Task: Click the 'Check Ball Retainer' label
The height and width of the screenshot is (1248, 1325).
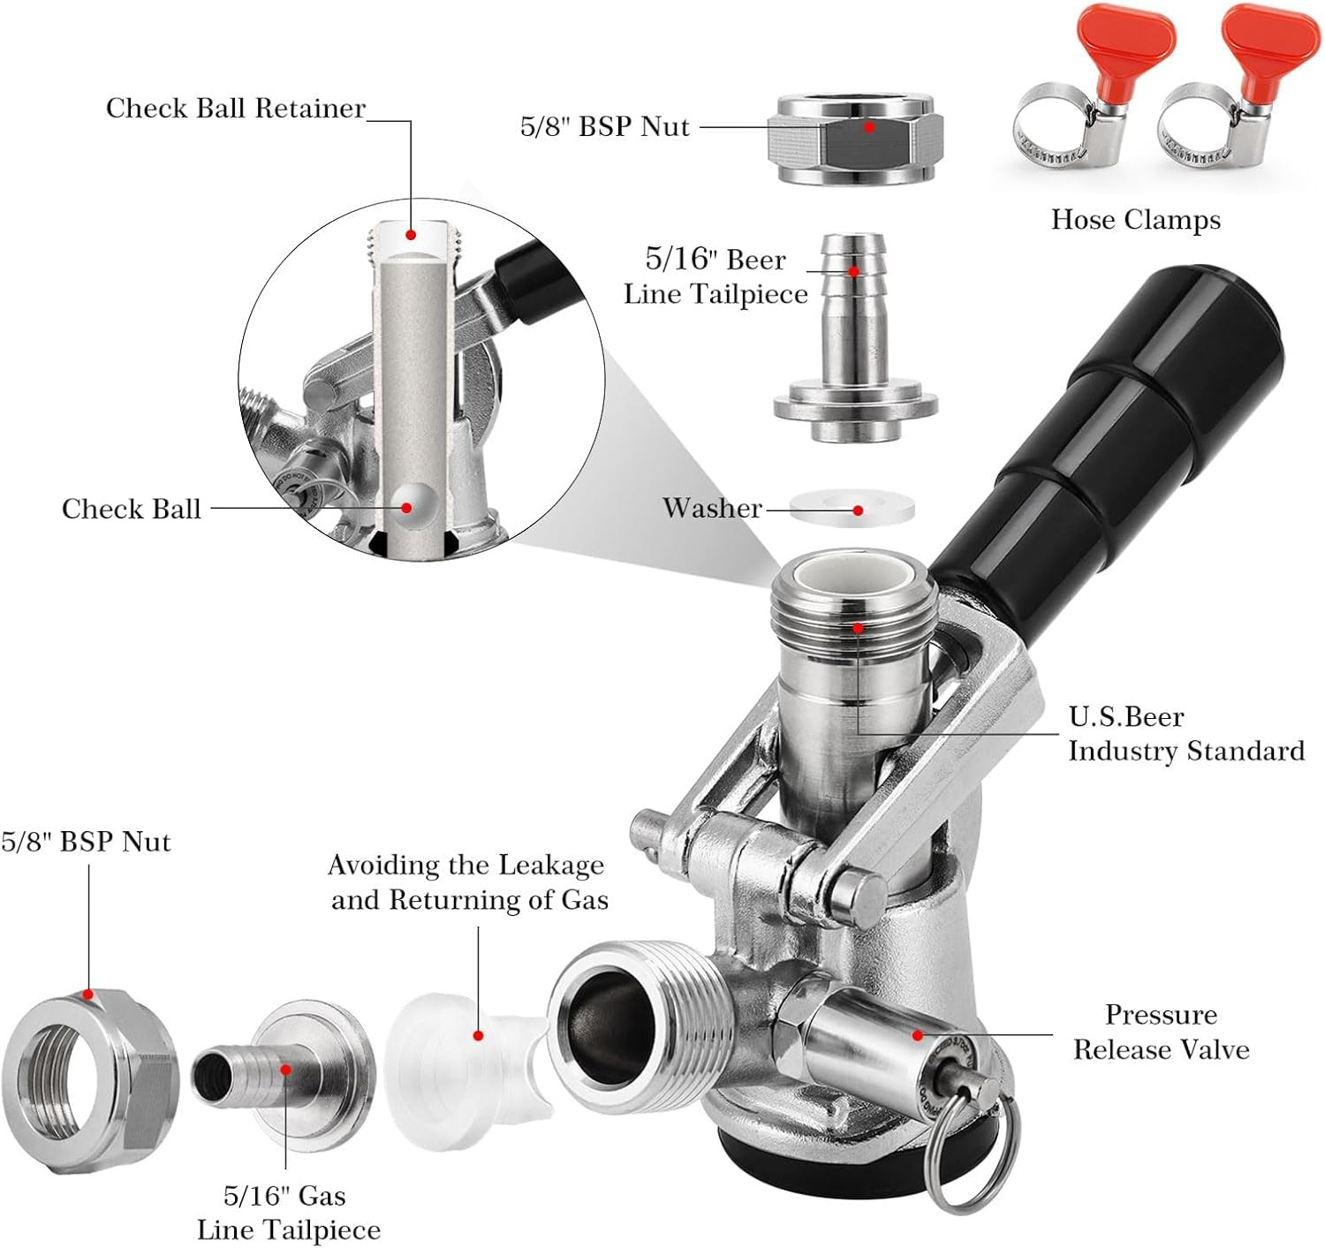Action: tap(235, 109)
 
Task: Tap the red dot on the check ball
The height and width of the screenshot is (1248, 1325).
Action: tap(407, 508)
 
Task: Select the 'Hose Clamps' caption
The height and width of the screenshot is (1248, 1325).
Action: tap(1135, 220)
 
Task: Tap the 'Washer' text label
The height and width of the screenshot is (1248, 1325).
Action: tap(712, 508)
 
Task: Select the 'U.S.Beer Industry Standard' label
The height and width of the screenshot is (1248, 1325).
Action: tap(1185, 734)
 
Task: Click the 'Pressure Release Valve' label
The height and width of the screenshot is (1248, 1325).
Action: tap(1161, 1032)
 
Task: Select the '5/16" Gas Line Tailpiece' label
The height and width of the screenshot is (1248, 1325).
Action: tap(288, 1213)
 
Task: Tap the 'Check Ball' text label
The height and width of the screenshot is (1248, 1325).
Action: tap(132, 510)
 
